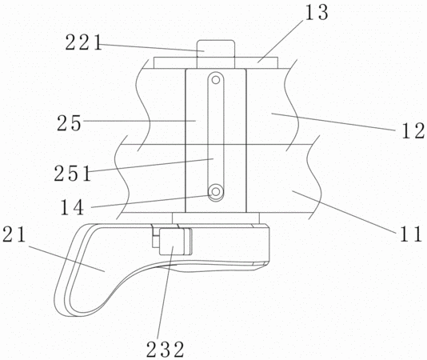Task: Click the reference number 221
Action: coord(84,42)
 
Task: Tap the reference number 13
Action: coord(317,13)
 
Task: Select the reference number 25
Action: coord(70,123)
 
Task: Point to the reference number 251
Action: coord(73,174)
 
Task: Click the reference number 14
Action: coord(72,207)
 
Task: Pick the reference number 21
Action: coord(14,234)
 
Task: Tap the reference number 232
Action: coord(166,350)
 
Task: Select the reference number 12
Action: coord(413,131)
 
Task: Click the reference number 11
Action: coord(411,234)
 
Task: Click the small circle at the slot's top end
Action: coord(216,80)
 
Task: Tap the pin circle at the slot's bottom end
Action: coord(216,192)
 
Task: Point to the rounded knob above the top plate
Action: coord(215,54)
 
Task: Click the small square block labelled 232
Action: coord(174,242)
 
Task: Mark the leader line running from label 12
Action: coord(333,122)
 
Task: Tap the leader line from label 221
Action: coord(153,47)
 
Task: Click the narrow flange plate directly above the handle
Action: coord(216,218)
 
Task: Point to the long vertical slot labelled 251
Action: coord(216,136)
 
